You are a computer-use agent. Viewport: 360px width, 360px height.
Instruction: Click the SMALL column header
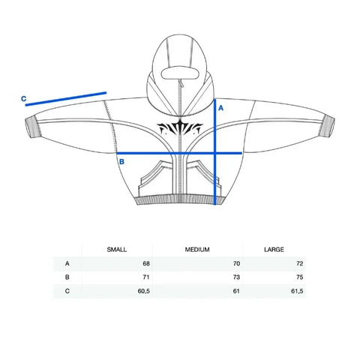click(117, 250)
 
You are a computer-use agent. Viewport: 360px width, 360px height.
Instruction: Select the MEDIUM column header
click(197, 250)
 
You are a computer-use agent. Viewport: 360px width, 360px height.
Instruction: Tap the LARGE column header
click(274, 250)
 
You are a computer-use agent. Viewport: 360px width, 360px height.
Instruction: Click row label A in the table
click(67, 263)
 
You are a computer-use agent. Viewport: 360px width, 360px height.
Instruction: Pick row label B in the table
click(67, 277)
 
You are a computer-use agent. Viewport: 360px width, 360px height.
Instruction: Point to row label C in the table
click(67, 291)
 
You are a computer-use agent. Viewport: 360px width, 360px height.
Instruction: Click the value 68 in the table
click(146, 263)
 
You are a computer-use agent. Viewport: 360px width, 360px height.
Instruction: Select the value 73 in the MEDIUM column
click(236, 277)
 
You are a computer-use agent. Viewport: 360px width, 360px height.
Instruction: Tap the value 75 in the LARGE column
click(299, 277)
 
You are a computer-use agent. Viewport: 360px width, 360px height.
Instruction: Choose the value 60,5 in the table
click(144, 291)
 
